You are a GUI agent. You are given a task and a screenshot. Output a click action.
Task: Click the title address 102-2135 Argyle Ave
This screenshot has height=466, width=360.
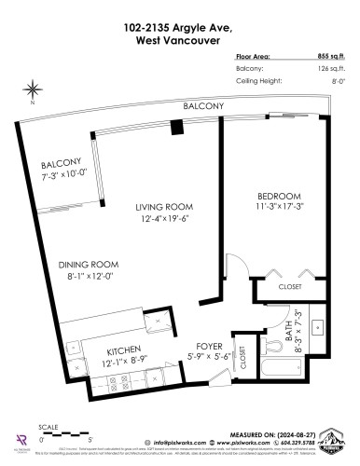(x=180, y=14)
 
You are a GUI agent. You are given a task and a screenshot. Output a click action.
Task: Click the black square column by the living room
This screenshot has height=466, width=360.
(x=175, y=128)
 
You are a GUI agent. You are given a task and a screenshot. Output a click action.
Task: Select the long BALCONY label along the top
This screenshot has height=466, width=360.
(x=203, y=107)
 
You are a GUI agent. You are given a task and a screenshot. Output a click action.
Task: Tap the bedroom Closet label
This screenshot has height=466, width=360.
(x=289, y=287)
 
